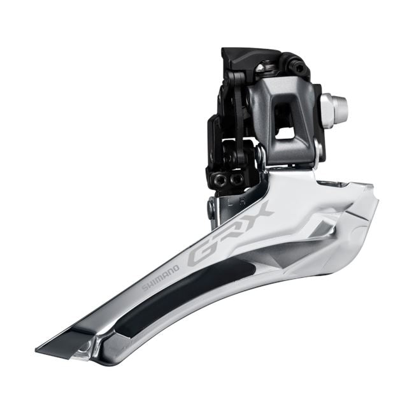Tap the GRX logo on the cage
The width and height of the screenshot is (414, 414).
point(229,232)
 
